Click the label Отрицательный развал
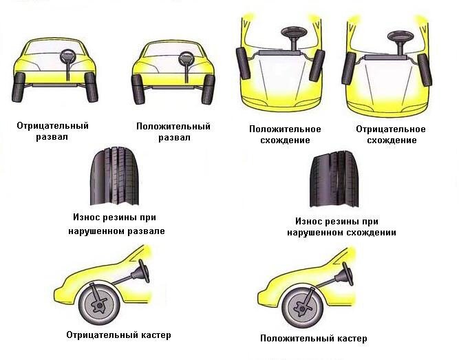[x=52, y=131]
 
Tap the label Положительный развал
[x=173, y=131]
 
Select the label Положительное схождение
[x=285, y=134]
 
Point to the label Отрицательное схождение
[x=390, y=134]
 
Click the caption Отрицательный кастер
[x=118, y=335]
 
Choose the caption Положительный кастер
[x=313, y=339]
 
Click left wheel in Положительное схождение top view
[x=242, y=65]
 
